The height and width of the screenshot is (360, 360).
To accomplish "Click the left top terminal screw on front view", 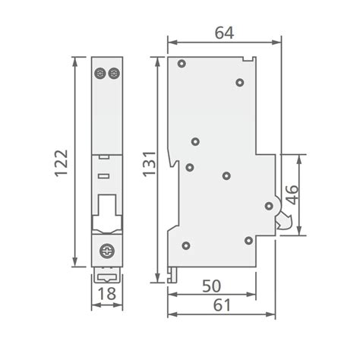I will pyautogui.click(x=100, y=74).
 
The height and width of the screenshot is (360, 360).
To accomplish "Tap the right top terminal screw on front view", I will pyautogui.click(x=114, y=74).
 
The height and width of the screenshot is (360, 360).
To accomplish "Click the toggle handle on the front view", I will pyautogui.click(x=107, y=211).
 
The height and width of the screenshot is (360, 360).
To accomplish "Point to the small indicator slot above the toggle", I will pyautogui.click(x=107, y=176).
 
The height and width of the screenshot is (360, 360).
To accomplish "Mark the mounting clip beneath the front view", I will pyautogui.click(x=107, y=274).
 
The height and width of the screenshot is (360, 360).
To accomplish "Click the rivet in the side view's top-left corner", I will pyautogui.click(x=182, y=65).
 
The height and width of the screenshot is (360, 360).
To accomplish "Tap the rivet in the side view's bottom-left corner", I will pyautogui.click(x=186, y=245).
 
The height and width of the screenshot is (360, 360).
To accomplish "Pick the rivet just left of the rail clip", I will pyautogui.click(x=268, y=205).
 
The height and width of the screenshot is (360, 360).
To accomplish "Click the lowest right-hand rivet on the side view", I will pyautogui.click(x=248, y=240).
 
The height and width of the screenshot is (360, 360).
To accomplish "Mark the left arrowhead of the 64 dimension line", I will pyautogui.click(x=171, y=42).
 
